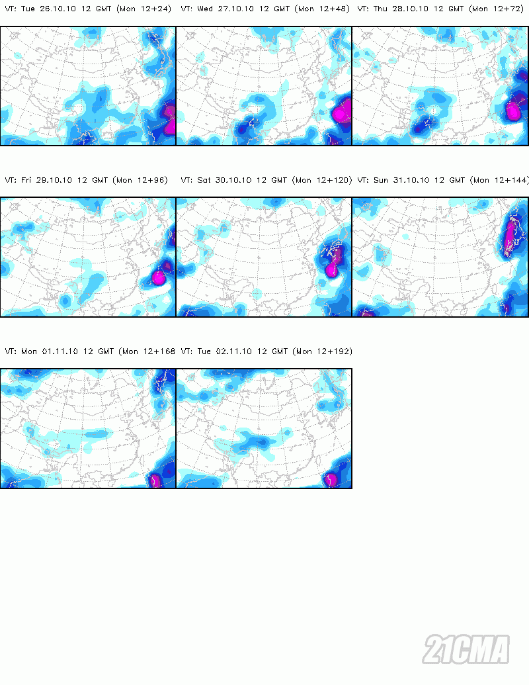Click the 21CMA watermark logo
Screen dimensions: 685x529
(x=467, y=649)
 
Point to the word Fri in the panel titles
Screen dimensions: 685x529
(x=28, y=180)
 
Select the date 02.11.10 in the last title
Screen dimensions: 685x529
(x=225, y=351)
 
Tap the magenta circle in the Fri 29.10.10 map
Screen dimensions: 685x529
(x=158, y=276)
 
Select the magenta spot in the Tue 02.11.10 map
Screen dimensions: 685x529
(x=331, y=480)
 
